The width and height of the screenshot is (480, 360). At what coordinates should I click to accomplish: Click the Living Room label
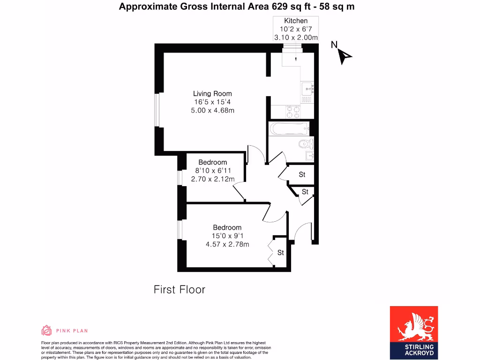pyautogui.click(x=212, y=93)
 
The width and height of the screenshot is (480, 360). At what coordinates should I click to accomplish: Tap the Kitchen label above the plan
pyautogui.click(x=296, y=21)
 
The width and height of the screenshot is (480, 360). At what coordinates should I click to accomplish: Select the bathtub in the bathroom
pyautogui.click(x=289, y=128)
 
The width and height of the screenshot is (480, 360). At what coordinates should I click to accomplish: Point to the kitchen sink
pyautogui.click(x=307, y=87)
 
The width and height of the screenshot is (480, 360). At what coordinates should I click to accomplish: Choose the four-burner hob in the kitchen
pyautogui.click(x=293, y=112)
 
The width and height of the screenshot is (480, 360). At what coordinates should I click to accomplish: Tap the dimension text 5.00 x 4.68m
pyautogui.click(x=212, y=111)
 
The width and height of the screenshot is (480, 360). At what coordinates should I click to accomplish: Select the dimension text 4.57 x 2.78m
pyautogui.click(x=227, y=244)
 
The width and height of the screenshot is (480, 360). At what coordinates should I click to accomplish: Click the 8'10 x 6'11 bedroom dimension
pyautogui.click(x=212, y=171)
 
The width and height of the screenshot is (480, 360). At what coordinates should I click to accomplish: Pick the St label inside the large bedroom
pyautogui.click(x=280, y=253)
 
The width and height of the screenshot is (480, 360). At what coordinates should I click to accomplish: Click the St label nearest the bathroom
pyautogui.click(x=302, y=174)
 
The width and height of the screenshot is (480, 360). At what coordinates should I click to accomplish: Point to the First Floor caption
pyautogui.click(x=180, y=290)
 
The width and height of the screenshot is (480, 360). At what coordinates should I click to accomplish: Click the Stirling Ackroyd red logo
pyautogui.click(x=414, y=331)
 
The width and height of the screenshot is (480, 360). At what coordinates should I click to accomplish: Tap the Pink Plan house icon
pyautogui.click(x=46, y=330)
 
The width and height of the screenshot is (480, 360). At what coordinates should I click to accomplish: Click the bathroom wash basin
pyautogui.click(x=309, y=155)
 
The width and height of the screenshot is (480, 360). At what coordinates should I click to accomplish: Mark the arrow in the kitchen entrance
pyautogui.click(x=296, y=59)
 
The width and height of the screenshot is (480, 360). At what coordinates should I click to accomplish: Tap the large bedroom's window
pyautogui.click(x=180, y=230)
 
